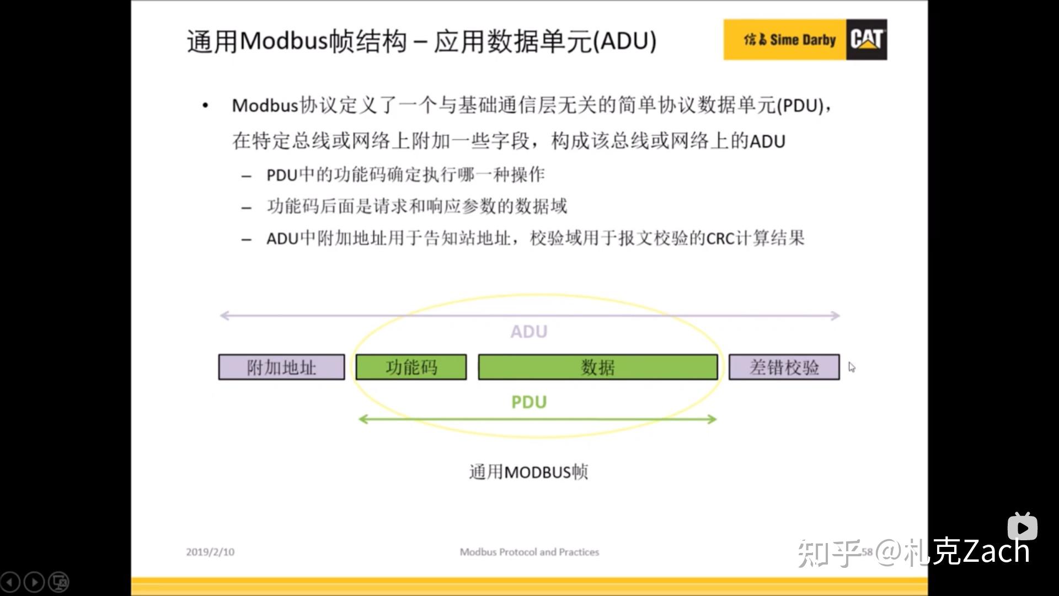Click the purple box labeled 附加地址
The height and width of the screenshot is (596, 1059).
[281, 368]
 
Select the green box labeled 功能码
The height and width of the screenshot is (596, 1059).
[411, 368]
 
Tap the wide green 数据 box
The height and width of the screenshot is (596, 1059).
[597, 368]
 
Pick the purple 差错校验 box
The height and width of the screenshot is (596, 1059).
[784, 368]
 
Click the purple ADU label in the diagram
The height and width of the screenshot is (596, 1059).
[528, 332]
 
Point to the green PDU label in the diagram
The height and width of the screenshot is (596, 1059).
[528, 402]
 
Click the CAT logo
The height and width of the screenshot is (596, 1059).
[867, 40]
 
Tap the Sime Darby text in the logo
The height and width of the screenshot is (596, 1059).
[803, 40]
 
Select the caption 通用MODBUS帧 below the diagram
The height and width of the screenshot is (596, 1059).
[528, 472]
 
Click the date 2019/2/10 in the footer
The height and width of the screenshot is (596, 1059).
[210, 552]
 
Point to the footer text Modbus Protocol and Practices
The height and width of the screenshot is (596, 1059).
[529, 552]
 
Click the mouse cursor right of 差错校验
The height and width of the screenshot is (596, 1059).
[852, 368]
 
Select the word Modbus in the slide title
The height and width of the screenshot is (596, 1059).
[284, 41]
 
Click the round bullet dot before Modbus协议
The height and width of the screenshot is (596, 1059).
[205, 105]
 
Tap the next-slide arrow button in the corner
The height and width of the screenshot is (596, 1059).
[34, 582]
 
